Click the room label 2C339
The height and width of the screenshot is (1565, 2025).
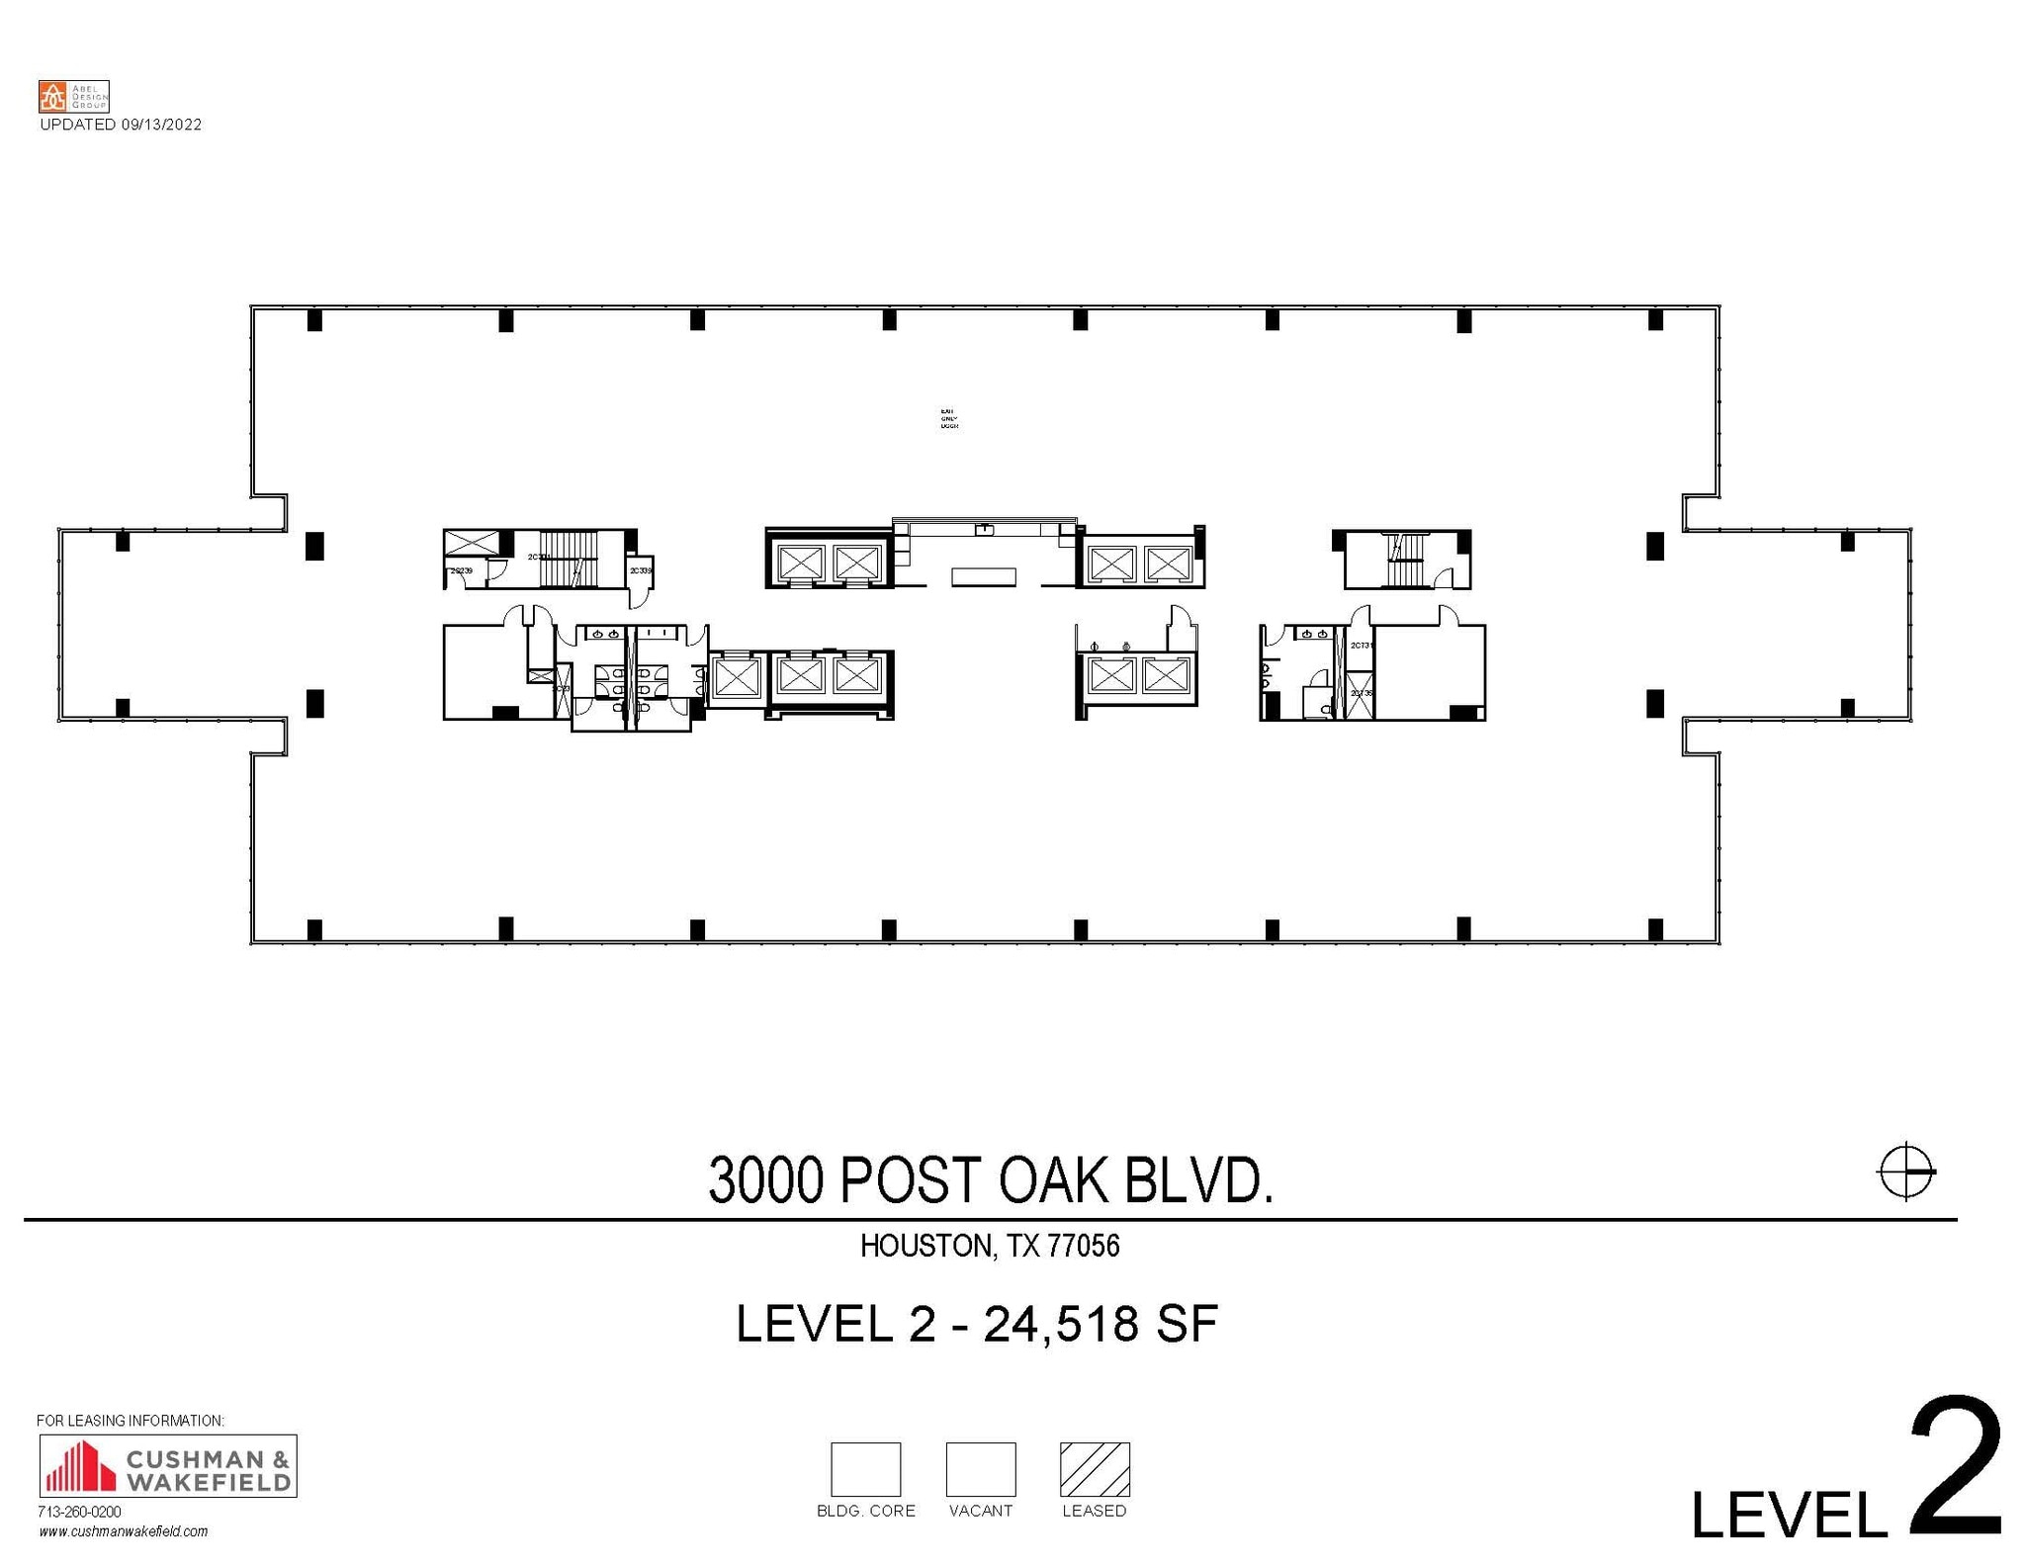(x=640, y=570)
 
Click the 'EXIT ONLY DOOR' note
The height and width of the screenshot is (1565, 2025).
(x=948, y=418)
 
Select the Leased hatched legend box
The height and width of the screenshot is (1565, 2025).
(x=1094, y=1469)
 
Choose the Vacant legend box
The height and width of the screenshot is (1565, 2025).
(x=980, y=1469)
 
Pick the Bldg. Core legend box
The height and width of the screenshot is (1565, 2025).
(x=865, y=1469)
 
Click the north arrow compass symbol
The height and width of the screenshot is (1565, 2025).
(x=1905, y=1173)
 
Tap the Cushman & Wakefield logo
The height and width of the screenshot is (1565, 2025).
(x=167, y=1465)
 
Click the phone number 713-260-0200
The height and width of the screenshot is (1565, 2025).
(x=79, y=1512)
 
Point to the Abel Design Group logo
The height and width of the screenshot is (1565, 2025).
(x=73, y=96)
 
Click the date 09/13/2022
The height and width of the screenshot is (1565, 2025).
(x=161, y=125)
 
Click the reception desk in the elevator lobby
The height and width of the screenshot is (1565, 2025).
(x=984, y=576)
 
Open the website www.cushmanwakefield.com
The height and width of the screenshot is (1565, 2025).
(x=124, y=1531)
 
